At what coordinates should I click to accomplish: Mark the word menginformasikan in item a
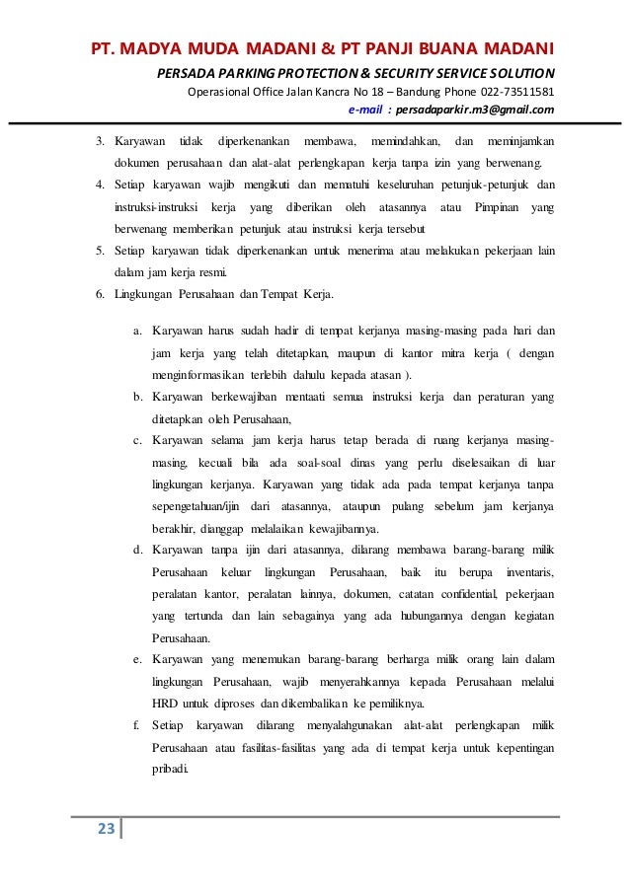201,376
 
